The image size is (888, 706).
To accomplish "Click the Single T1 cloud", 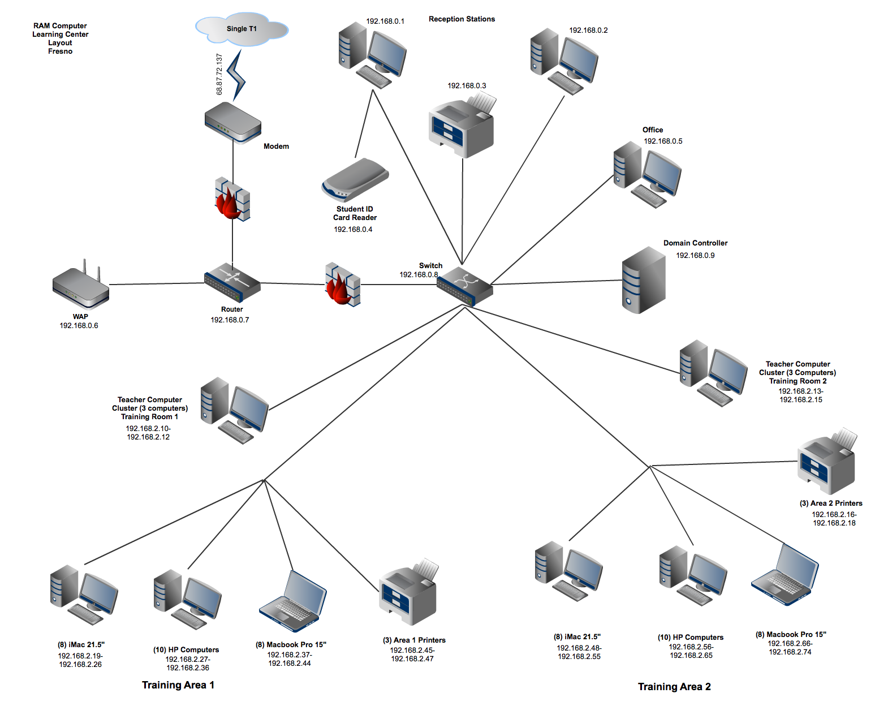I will click(x=242, y=29).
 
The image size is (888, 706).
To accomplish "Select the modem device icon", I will click(x=232, y=122).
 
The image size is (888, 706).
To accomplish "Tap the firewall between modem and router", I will click(x=232, y=199).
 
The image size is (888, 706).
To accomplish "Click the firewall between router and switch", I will click(x=342, y=284).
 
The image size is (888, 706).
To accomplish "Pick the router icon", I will click(x=232, y=282).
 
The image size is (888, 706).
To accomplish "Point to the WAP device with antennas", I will click(x=81, y=286).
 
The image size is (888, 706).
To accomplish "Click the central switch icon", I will click(x=464, y=286).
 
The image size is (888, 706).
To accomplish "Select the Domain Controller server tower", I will click(x=643, y=281).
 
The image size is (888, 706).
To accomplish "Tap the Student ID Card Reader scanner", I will click(x=355, y=180).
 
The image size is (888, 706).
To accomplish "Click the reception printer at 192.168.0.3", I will click(x=462, y=127).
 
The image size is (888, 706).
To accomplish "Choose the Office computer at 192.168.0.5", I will click(x=648, y=174).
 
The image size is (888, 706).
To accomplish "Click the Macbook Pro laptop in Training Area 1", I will click(x=293, y=601).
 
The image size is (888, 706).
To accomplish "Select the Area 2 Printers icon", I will click(x=827, y=462).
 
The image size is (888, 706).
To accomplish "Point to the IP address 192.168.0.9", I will click(x=695, y=256).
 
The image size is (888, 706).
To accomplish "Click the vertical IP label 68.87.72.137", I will click(x=219, y=74).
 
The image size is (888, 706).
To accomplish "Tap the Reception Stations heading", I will click(x=462, y=19).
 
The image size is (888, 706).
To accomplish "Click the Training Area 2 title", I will click(x=674, y=687).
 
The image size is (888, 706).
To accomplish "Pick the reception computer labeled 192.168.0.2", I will click(x=564, y=61).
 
